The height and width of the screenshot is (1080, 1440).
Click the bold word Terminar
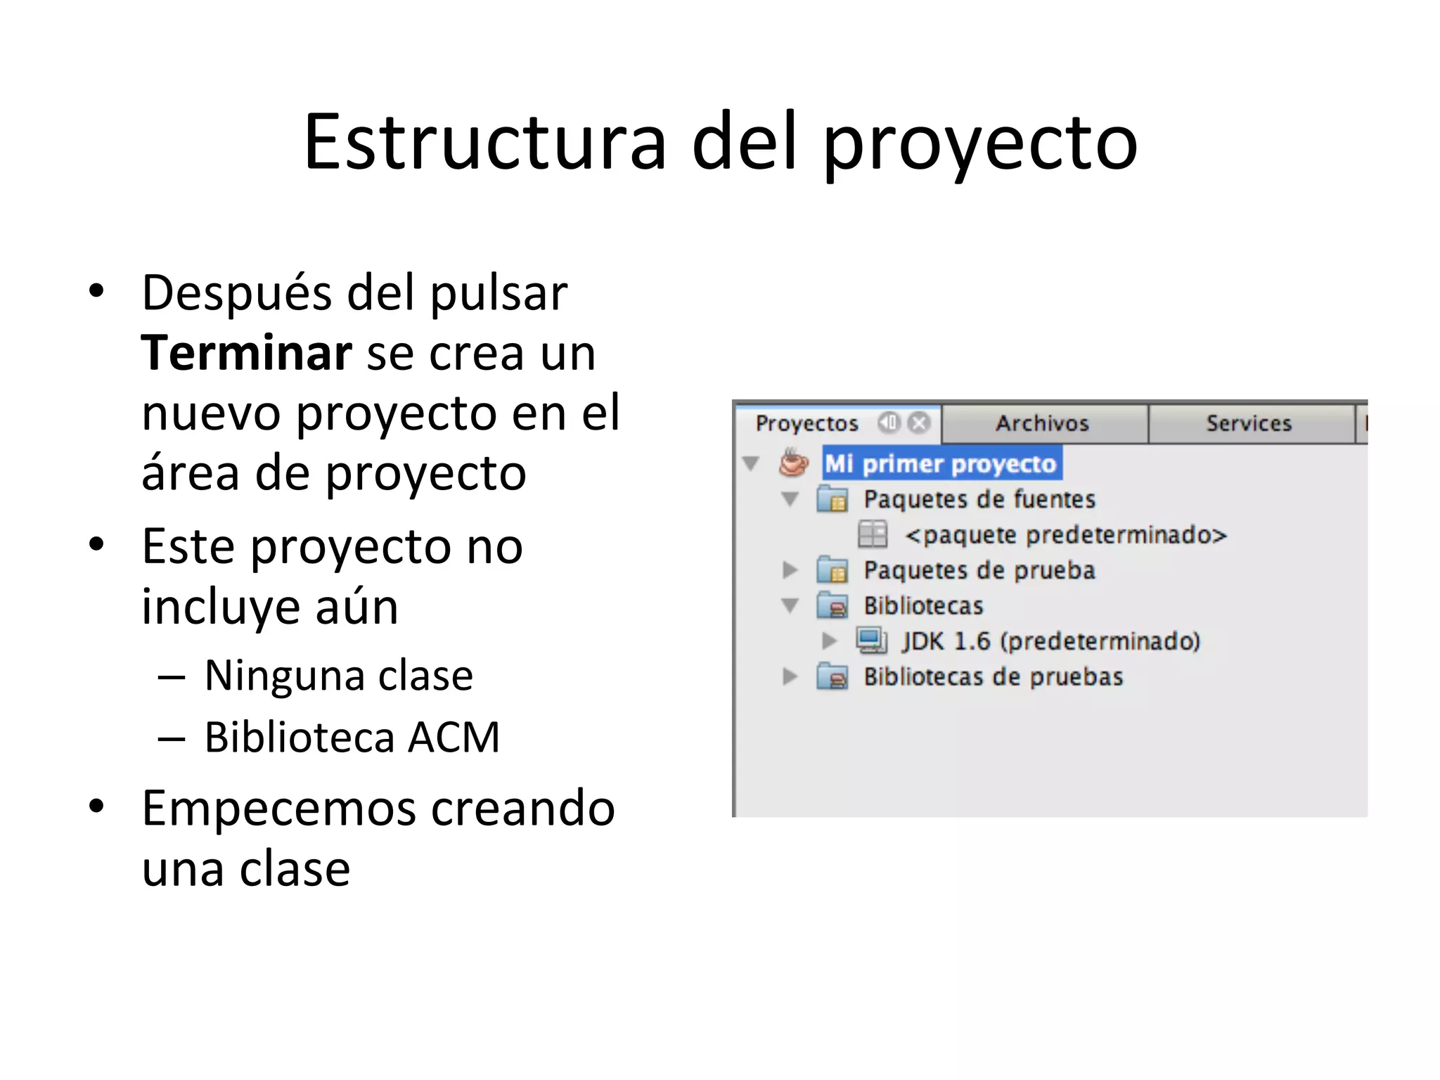tap(246, 353)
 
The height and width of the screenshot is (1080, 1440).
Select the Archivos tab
tap(1042, 423)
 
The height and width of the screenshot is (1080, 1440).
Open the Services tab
tap(1249, 423)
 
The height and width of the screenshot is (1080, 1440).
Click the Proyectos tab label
tap(806, 423)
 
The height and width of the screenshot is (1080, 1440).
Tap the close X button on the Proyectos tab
tap(918, 423)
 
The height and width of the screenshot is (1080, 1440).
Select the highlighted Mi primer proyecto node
tap(941, 464)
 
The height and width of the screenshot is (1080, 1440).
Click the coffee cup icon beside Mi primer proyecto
tap(794, 463)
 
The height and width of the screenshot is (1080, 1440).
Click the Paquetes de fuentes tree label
tap(979, 499)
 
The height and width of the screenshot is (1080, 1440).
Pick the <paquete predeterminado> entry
tap(1065, 535)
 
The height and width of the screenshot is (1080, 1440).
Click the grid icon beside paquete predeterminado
tap(873, 534)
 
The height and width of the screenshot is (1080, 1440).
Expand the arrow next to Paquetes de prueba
tap(790, 570)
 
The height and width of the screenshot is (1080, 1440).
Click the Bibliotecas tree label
tap(923, 605)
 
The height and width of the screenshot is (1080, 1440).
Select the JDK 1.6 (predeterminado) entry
tap(1051, 641)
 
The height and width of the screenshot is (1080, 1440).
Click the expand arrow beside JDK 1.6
tap(830, 641)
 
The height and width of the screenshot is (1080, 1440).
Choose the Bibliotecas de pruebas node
tap(993, 676)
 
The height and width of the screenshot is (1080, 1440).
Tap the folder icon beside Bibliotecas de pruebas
tap(832, 676)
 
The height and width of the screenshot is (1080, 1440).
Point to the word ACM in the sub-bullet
tap(454, 737)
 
